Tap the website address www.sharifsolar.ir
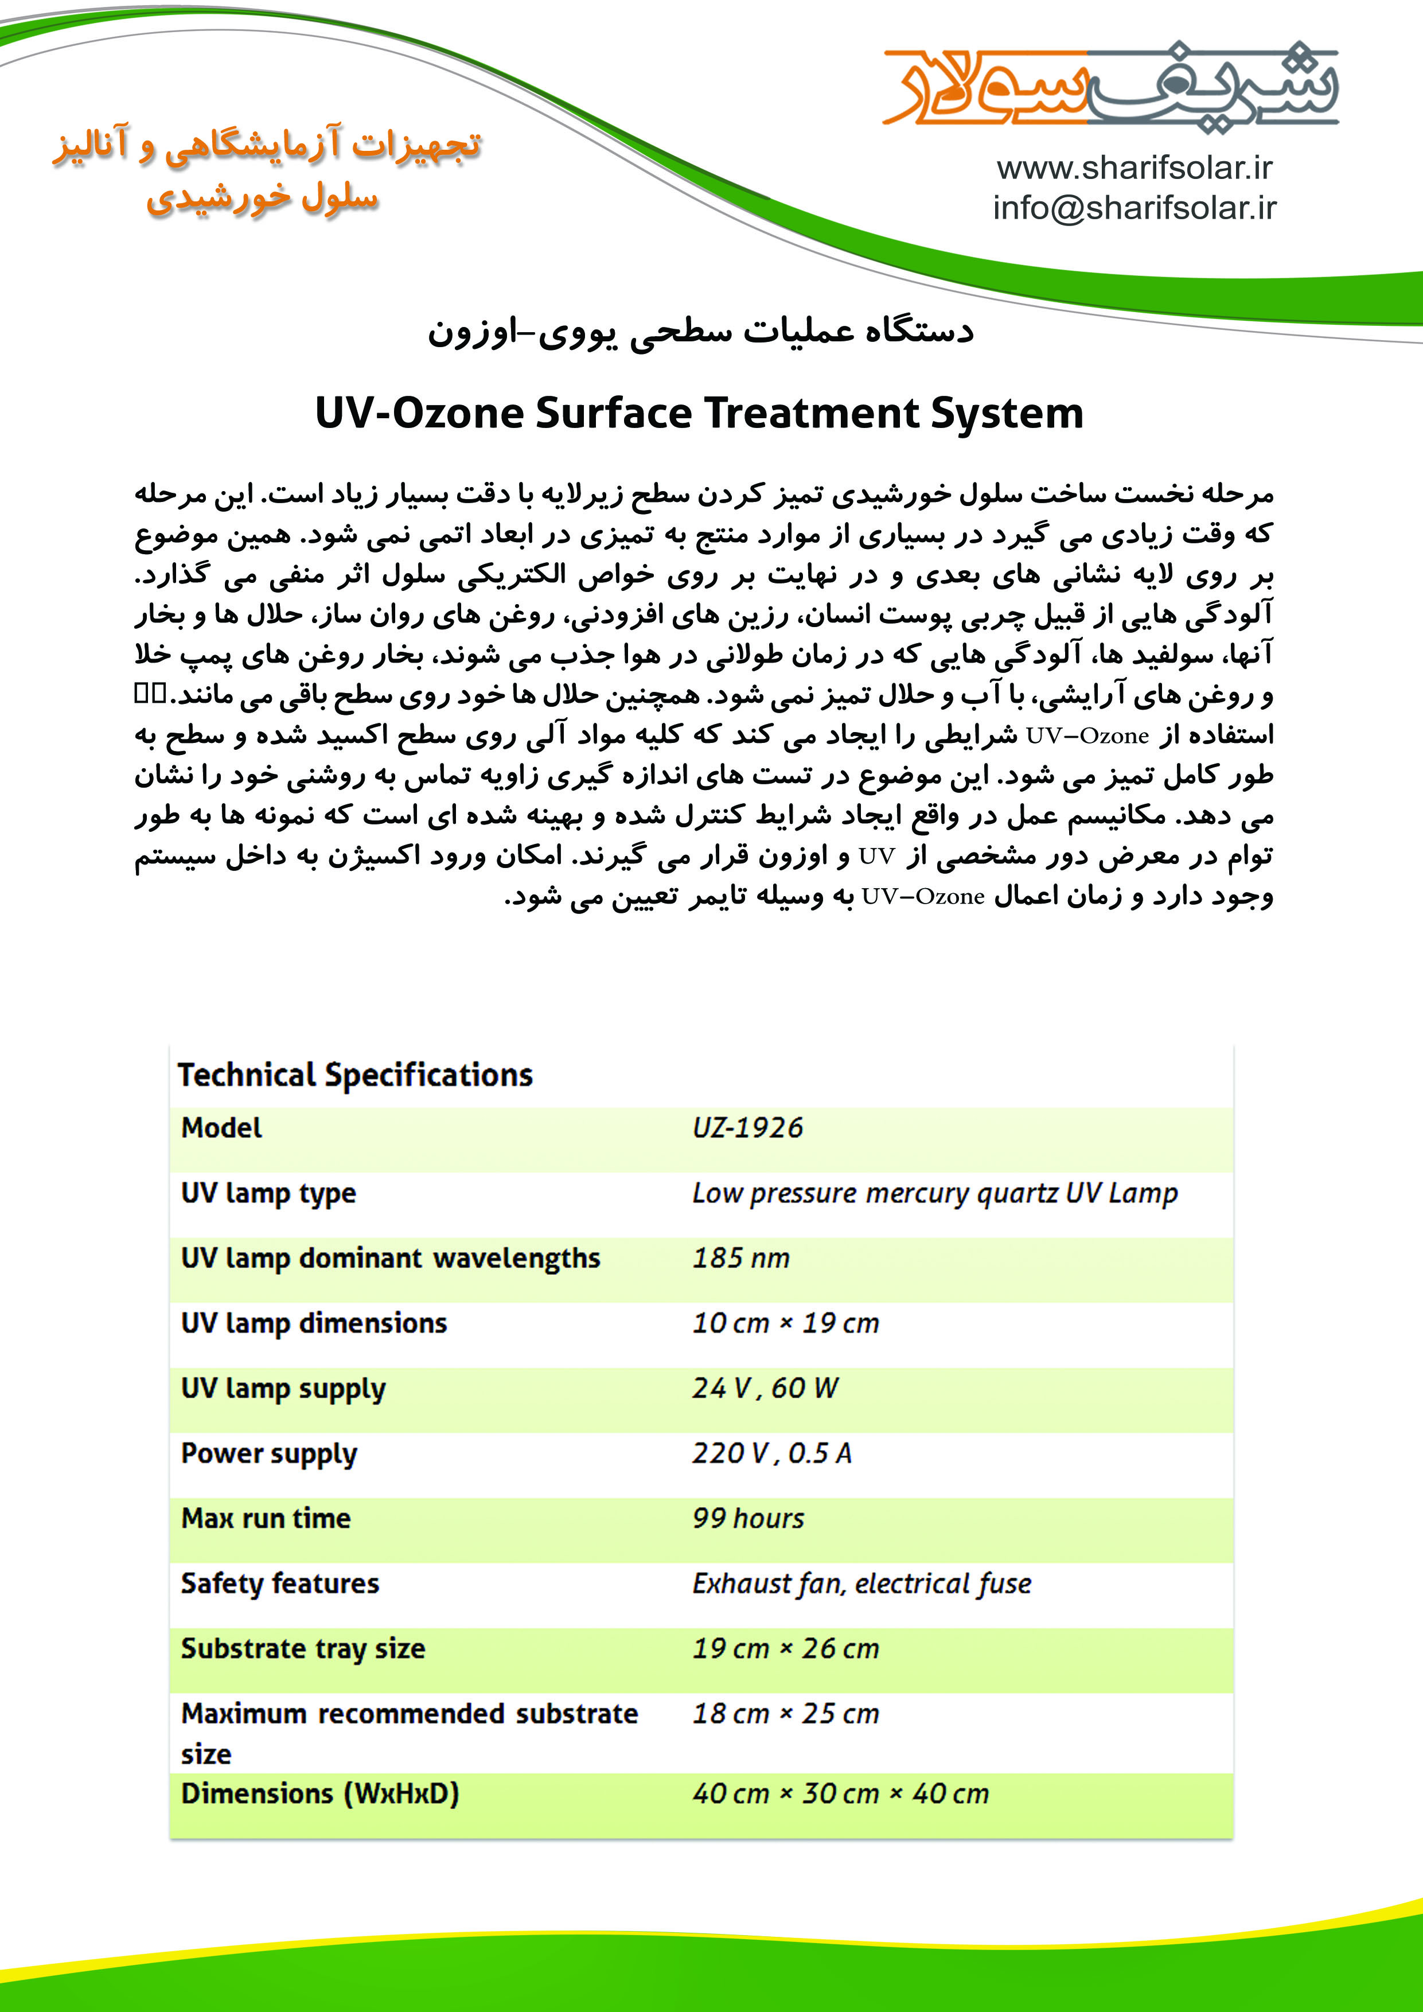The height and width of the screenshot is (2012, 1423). (x=1134, y=168)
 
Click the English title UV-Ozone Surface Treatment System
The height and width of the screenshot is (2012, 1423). (x=699, y=412)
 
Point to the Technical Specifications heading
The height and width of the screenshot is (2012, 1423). (x=355, y=1075)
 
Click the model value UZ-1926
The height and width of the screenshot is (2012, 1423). (x=747, y=1128)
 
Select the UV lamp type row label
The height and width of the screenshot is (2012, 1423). (x=268, y=1193)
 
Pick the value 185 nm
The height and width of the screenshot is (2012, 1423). (x=740, y=1258)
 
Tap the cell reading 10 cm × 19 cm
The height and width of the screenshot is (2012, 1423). (x=785, y=1323)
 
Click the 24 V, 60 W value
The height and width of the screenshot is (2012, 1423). (x=765, y=1388)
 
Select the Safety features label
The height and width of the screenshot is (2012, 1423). (x=279, y=1583)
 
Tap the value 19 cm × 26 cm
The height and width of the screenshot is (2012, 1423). (x=785, y=1648)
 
